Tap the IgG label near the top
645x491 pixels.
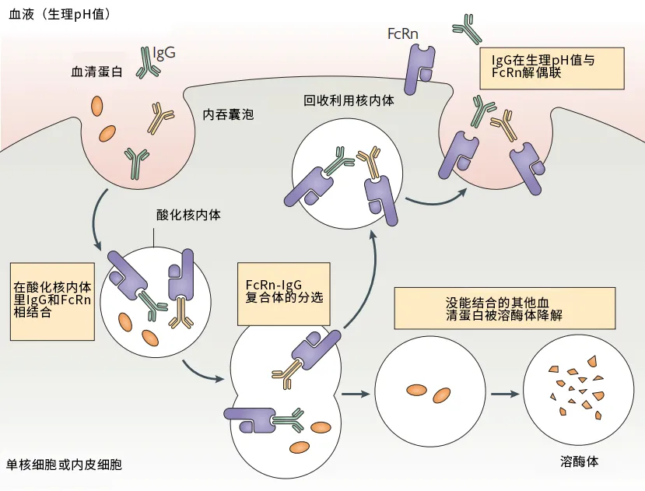point(164,53)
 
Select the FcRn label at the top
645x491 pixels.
point(404,34)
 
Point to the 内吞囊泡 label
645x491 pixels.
point(228,114)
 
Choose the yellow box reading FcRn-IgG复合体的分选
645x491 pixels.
point(284,289)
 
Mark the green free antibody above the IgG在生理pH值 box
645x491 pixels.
point(468,28)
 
